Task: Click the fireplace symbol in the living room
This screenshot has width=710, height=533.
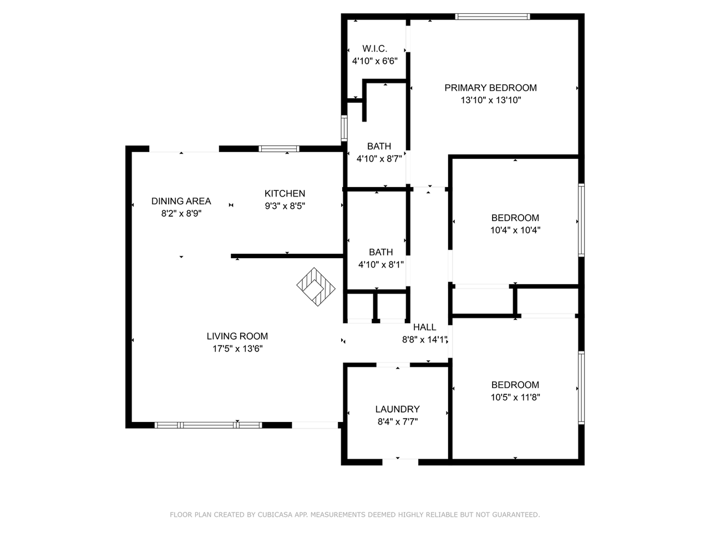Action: coord(316,287)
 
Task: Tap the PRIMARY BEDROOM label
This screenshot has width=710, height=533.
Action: coord(490,88)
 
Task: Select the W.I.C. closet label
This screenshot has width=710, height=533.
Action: coord(374,49)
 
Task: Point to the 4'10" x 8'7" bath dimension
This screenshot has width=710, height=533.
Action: coord(379,158)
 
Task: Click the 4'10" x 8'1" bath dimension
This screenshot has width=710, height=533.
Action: coord(381,265)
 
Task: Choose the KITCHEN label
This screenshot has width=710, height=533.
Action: coord(285,194)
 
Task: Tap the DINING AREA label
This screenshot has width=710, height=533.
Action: coord(181,201)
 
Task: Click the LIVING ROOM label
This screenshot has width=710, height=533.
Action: coord(237,336)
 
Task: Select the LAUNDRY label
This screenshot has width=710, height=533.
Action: coord(397,409)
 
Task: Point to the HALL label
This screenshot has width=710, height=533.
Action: coord(424,328)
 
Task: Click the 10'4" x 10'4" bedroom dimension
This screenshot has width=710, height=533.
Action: coord(515,230)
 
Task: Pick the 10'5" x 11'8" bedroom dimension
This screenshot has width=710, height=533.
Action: coord(515,397)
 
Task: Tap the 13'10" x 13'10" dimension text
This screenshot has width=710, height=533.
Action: coord(490,100)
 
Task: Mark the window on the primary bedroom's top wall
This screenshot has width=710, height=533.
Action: coord(492,17)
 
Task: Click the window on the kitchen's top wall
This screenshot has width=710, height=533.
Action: coord(279,149)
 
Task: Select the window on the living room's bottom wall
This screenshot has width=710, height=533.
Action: coord(208,425)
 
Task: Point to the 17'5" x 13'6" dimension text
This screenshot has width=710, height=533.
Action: coord(237,349)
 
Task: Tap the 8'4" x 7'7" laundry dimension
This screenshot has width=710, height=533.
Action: coord(397,421)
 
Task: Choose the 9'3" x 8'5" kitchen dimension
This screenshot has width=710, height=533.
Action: coord(285,206)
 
